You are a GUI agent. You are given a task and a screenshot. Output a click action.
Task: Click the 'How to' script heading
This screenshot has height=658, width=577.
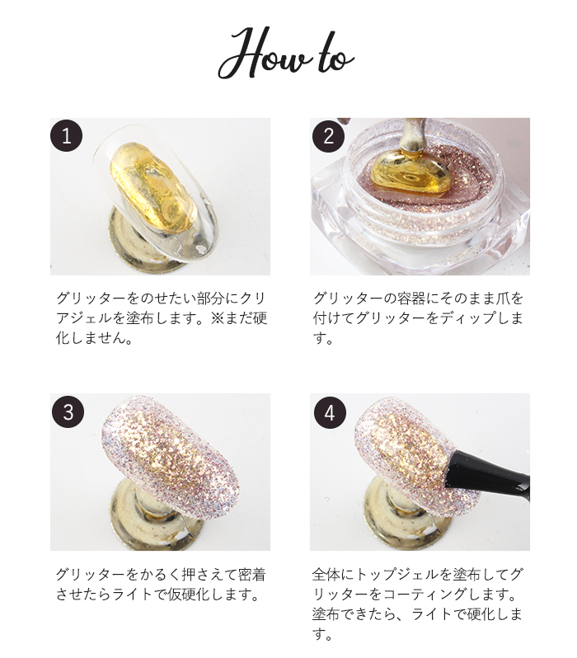286,54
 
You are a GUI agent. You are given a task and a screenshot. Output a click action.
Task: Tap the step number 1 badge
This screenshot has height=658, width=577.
66,136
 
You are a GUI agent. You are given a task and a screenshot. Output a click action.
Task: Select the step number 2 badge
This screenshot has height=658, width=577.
328,136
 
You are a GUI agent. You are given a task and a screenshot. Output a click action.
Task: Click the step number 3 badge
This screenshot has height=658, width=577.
68,411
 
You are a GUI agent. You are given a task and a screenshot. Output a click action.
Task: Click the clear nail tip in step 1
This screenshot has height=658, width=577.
156,193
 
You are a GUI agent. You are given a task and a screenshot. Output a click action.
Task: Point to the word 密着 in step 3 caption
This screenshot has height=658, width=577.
251,575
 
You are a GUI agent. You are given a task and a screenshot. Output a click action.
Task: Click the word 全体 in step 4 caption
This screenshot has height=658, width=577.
326,575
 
